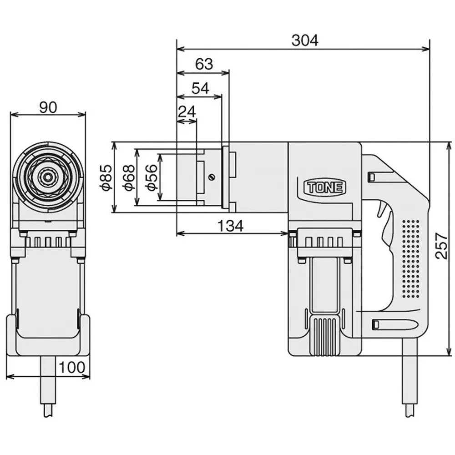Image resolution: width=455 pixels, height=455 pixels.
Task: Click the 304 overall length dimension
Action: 305,40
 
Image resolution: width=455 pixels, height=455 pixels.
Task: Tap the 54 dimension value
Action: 200,88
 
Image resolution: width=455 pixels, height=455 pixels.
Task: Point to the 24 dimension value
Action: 187,111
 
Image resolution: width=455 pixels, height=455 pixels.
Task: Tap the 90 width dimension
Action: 48,107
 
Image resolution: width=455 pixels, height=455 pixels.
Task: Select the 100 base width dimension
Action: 71,367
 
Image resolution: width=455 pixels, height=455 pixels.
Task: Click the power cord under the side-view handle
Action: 409,378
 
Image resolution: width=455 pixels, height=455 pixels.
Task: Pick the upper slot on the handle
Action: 372,176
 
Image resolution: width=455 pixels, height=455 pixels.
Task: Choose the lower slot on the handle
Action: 376,324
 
